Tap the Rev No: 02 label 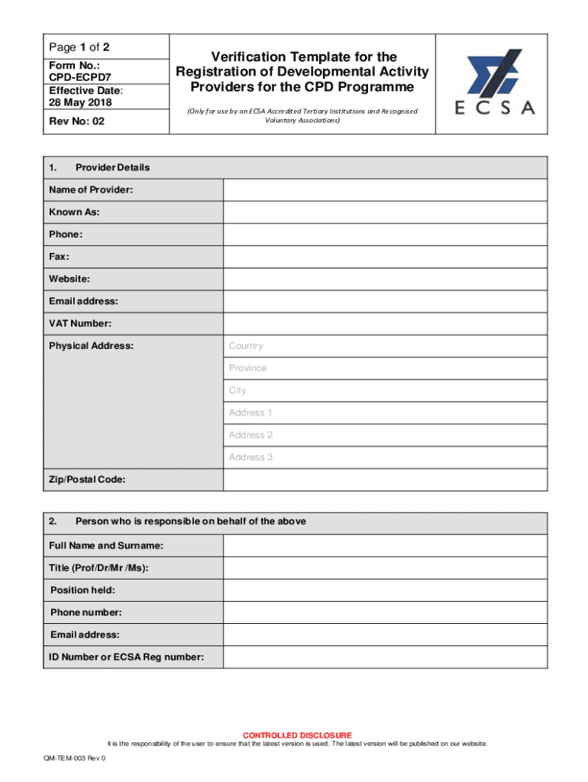[76, 121]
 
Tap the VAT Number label [80, 324]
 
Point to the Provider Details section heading [112, 167]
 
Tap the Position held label [83, 590]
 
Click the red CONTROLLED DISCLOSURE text [297, 735]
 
